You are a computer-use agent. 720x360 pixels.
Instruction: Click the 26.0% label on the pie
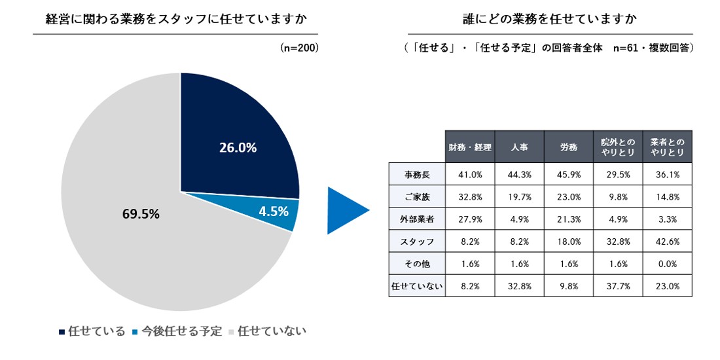238,148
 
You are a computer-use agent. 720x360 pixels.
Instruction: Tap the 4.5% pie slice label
274,212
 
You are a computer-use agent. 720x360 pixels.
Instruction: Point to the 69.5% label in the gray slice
141,214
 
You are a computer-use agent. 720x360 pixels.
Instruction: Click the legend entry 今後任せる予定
177,331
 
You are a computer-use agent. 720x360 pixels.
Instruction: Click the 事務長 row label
417,174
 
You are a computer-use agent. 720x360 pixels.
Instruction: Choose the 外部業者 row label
417,219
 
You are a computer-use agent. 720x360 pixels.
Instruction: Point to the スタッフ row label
417,241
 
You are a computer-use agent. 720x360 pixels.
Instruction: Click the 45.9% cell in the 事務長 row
568,174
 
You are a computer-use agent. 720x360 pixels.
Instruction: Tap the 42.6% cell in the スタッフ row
667,241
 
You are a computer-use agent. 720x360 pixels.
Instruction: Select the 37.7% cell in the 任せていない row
617,286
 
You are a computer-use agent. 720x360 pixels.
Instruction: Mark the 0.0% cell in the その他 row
667,264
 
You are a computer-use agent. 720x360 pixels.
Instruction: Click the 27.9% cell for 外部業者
470,219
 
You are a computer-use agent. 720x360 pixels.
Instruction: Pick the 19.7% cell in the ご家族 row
519,196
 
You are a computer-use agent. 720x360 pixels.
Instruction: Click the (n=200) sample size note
299,48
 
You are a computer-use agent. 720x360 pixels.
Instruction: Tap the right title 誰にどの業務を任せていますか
549,19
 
